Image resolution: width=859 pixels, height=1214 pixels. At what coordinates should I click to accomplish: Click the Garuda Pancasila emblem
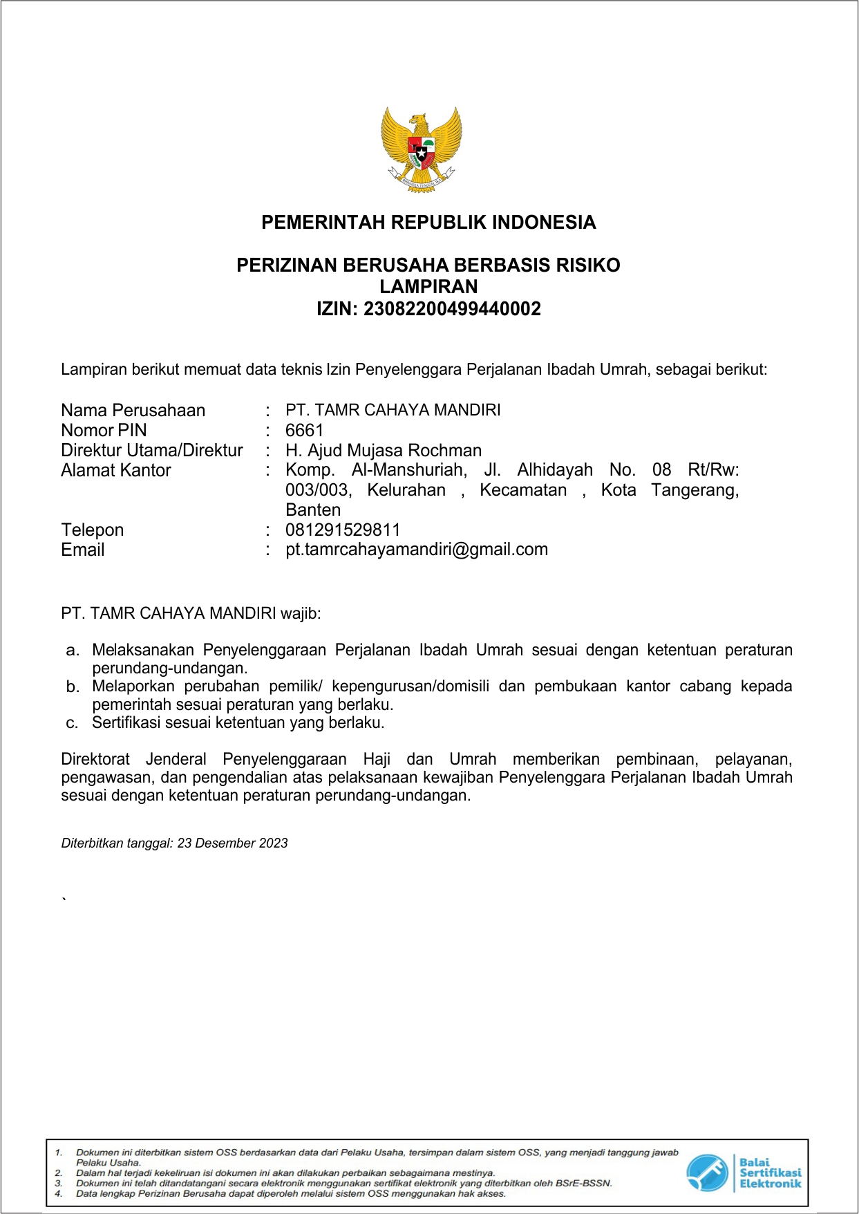pyautogui.click(x=422, y=149)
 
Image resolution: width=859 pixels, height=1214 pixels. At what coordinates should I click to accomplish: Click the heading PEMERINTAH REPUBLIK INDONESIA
pyautogui.click(x=428, y=223)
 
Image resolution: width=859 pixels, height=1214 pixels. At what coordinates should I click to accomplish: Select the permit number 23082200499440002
pyautogui.click(x=452, y=309)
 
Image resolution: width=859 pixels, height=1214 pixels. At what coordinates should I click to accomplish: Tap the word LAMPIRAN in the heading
pyautogui.click(x=428, y=287)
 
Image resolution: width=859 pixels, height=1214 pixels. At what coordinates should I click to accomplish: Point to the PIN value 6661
pyautogui.click(x=304, y=430)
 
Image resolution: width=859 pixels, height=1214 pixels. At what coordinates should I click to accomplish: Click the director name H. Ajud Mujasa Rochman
pyautogui.click(x=384, y=450)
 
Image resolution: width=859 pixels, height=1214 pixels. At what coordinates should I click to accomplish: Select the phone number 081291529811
pyautogui.click(x=343, y=530)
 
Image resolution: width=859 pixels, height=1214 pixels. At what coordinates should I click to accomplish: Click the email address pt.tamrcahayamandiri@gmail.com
pyautogui.click(x=417, y=550)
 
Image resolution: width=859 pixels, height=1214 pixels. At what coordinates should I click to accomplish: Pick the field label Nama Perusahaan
pyautogui.click(x=133, y=410)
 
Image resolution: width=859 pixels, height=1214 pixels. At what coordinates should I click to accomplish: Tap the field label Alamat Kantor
pyautogui.click(x=115, y=470)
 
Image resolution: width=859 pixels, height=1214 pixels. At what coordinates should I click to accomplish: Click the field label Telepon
pyautogui.click(x=92, y=530)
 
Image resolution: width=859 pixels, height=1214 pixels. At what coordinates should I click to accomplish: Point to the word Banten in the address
pyautogui.click(x=313, y=510)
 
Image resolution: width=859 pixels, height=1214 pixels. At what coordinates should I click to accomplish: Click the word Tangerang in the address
pyautogui.click(x=695, y=490)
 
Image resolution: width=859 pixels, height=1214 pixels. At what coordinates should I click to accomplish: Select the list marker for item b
pyautogui.click(x=73, y=687)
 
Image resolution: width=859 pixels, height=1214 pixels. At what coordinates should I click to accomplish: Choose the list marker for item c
pyautogui.click(x=72, y=723)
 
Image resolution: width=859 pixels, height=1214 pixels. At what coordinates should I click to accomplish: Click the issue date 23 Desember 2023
pyautogui.click(x=232, y=843)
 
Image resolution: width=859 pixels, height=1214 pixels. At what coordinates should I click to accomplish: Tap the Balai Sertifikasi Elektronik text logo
pyautogui.click(x=770, y=1173)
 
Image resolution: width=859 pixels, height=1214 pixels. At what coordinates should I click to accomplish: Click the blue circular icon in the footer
pyautogui.click(x=707, y=1173)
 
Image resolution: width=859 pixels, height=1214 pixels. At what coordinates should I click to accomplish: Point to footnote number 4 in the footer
pyautogui.click(x=59, y=1193)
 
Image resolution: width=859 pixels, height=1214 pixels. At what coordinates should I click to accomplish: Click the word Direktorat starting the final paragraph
pyautogui.click(x=95, y=759)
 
